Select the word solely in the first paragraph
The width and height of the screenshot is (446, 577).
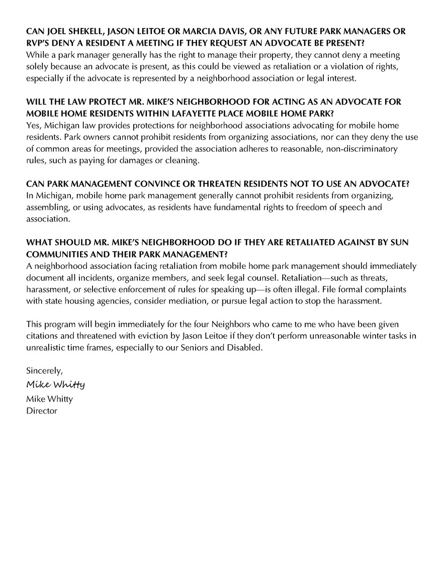37,65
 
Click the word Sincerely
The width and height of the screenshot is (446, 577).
45,372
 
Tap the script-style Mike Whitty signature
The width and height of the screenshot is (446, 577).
56,385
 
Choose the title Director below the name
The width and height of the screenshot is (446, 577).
42,411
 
